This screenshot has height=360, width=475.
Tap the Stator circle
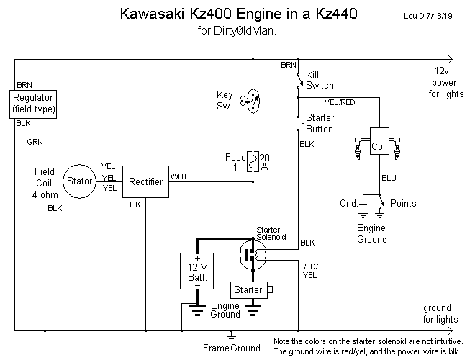point(78,181)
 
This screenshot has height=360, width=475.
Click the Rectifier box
point(145,181)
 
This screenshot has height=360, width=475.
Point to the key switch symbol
point(252,100)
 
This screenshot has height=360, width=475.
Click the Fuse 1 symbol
point(253,161)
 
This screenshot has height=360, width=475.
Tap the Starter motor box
point(249,289)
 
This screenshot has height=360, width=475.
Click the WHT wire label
point(178,176)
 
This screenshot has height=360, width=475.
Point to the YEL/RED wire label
point(340,102)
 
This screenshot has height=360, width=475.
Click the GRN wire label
point(35,142)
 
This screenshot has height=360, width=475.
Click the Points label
point(403,204)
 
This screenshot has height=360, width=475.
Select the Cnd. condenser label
point(348,204)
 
